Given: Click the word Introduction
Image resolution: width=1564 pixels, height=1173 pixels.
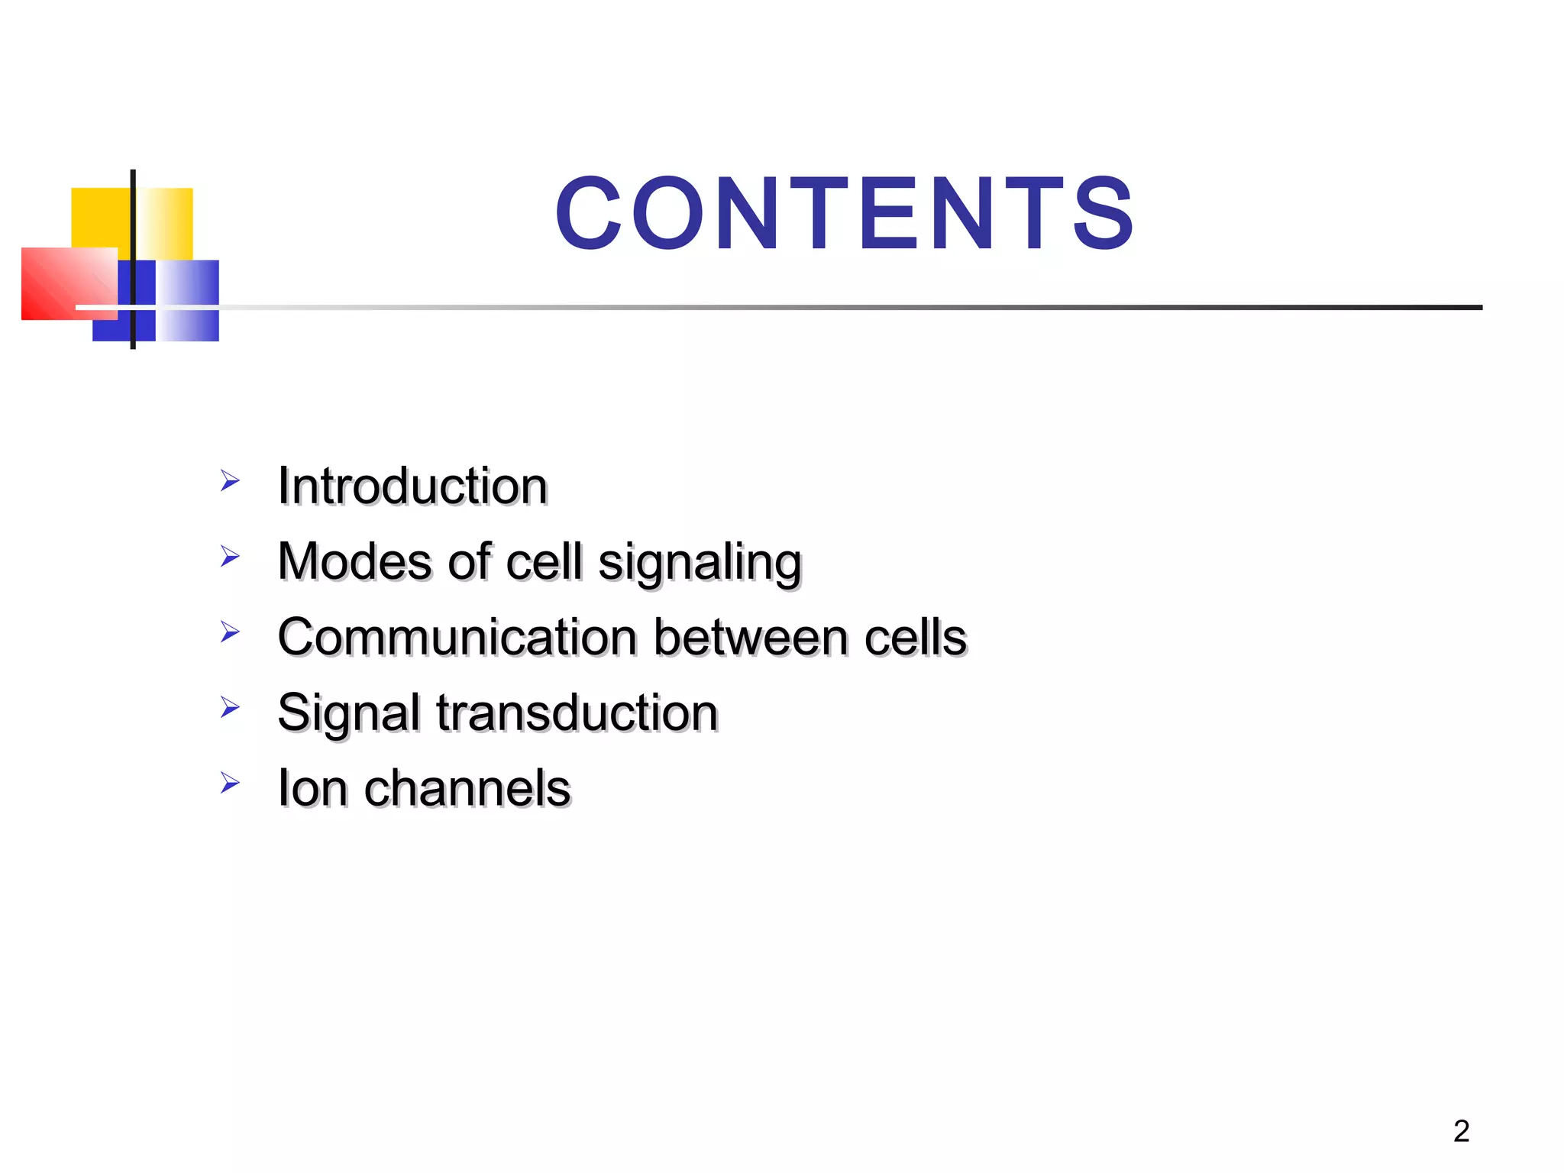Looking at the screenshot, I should (412, 486).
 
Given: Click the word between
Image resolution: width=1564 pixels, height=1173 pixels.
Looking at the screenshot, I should (751, 637).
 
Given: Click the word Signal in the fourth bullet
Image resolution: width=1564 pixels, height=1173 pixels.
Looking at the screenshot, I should (348, 713).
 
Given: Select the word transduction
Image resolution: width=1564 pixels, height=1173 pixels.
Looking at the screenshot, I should (577, 713).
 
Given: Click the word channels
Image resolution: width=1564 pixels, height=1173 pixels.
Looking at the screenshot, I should (467, 788).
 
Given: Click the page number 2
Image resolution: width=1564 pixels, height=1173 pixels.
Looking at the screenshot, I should (1461, 1131).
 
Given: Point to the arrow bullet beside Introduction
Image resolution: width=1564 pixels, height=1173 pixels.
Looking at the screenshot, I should (230, 481).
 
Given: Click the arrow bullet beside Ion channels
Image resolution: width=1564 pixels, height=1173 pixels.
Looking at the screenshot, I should (230, 783).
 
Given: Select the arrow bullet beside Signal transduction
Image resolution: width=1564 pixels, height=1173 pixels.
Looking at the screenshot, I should (230, 707).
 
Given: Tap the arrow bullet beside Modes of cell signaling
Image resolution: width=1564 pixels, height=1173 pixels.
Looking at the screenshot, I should (230, 556).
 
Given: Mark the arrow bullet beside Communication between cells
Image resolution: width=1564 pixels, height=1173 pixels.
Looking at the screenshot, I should (230, 632).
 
